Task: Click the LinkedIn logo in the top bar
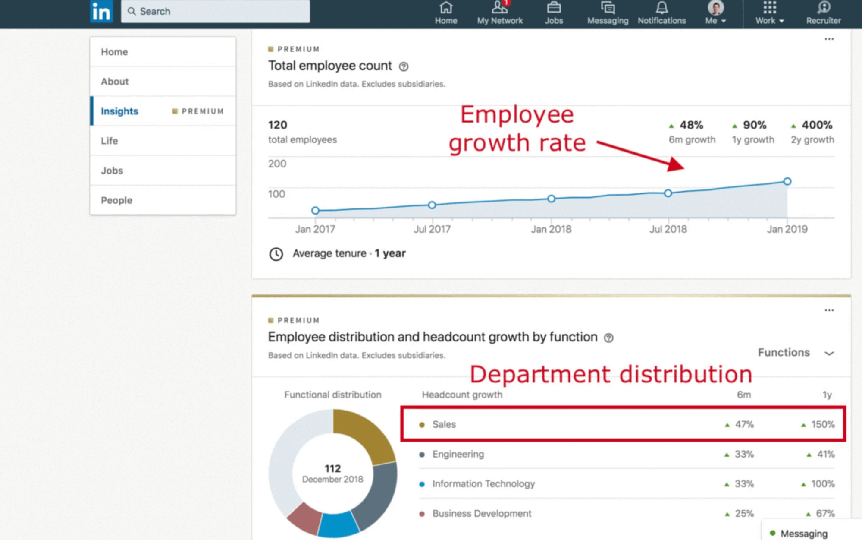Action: [x=101, y=12]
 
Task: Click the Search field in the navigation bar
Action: [x=215, y=11]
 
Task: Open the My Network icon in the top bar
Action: [x=499, y=8]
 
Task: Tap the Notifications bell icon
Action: [x=661, y=8]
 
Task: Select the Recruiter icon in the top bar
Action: [x=823, y=8]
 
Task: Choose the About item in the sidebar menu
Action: [x=115, y=82]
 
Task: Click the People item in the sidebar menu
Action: [x=116, y=200]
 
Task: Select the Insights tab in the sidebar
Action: [x=119, y=111]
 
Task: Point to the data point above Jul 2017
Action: [x=432, y=205]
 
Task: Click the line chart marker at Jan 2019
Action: [x=787, y=181]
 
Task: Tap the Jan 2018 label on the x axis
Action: [x=551, y=229]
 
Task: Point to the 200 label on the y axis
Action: [x=277, y=164]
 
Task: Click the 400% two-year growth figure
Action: [x=817, y=125]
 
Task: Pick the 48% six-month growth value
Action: [x=691, y=125]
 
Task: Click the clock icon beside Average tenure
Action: [x=276, y=254]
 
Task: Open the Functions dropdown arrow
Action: [x=829, y=353]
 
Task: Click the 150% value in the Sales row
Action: [x=822, y=424]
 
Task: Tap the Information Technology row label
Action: [x=483, y=484]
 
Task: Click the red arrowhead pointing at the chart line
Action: [x=676, y=164]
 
